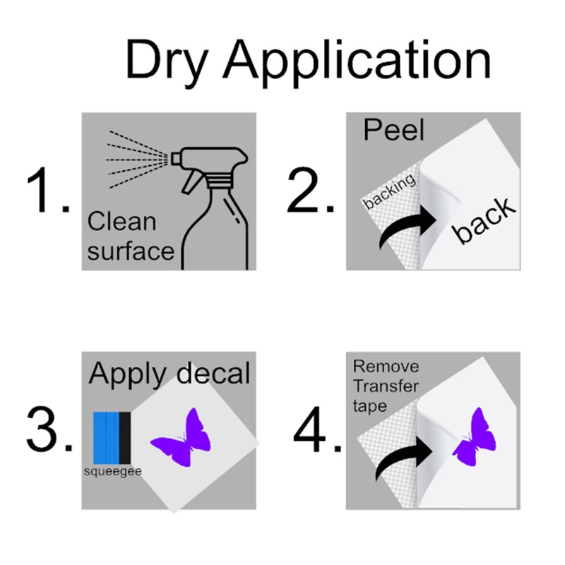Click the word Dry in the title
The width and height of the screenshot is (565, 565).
(x=167, y=61)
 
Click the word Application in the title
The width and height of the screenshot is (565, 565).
(x=357, y=61)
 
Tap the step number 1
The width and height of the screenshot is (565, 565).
(x=48, y=190)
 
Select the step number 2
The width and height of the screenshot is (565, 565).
(x=311, y=190)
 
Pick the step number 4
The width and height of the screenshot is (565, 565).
(x=317, y=429)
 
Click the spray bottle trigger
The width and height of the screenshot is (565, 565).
(x=191, y=181)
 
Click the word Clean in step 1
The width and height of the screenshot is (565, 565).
(x=121, y=222)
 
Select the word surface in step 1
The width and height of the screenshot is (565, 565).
(x=131, y=251)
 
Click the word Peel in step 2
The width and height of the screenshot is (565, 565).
(x=393, y=130)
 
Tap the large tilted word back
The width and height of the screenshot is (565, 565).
(x=484, y=220)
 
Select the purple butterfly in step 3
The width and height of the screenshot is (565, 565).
(x=181, y=437)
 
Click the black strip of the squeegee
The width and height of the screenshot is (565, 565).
(x=125, y=438)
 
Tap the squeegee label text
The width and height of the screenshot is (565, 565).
(x=113, y=472)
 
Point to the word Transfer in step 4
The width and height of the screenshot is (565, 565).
(x=386, y=386)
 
